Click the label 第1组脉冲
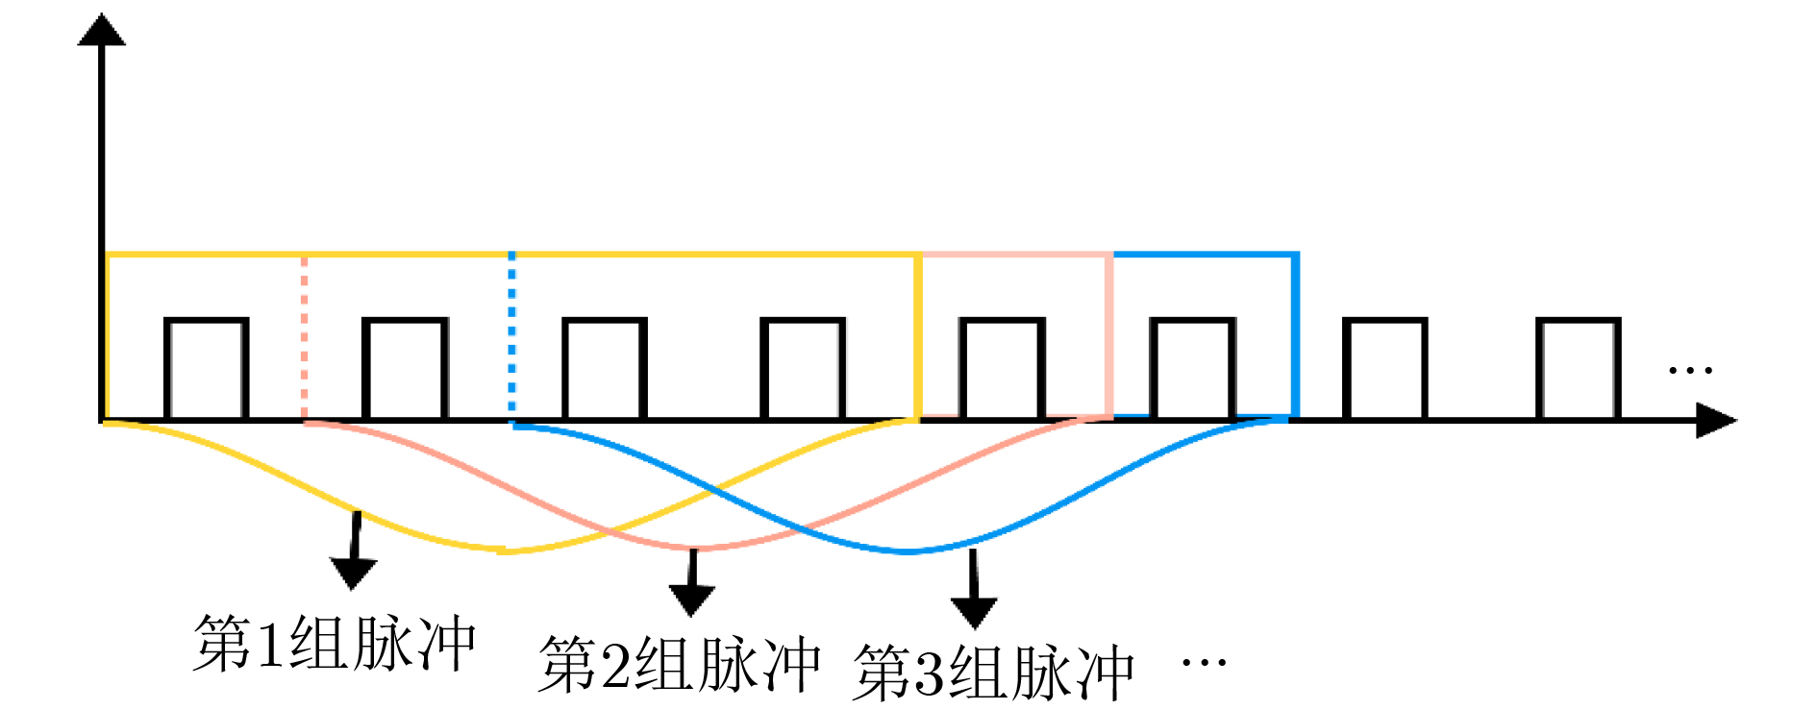coord(335,644)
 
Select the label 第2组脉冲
coord(679,664)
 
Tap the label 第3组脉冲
coord(993,673)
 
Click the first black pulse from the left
coord(207,369)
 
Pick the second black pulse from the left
coord(405,369)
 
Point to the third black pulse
coord(604,369)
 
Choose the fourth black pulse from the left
coord(803,369)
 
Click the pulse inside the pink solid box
coord(1002,369)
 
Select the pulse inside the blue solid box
coord(1193,369)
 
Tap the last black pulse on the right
coord(1578,369)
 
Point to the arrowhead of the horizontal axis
coord(1716,421)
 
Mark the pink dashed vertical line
coord(304,336)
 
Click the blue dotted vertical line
coord(511,336)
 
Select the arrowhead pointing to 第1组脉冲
coord(353,574)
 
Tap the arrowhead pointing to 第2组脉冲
coord(691,600)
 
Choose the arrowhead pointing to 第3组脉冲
coord(974,612)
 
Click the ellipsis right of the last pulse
coord(1690,370)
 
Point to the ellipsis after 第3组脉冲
coord(1203,662)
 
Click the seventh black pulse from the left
coord(1384,369)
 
